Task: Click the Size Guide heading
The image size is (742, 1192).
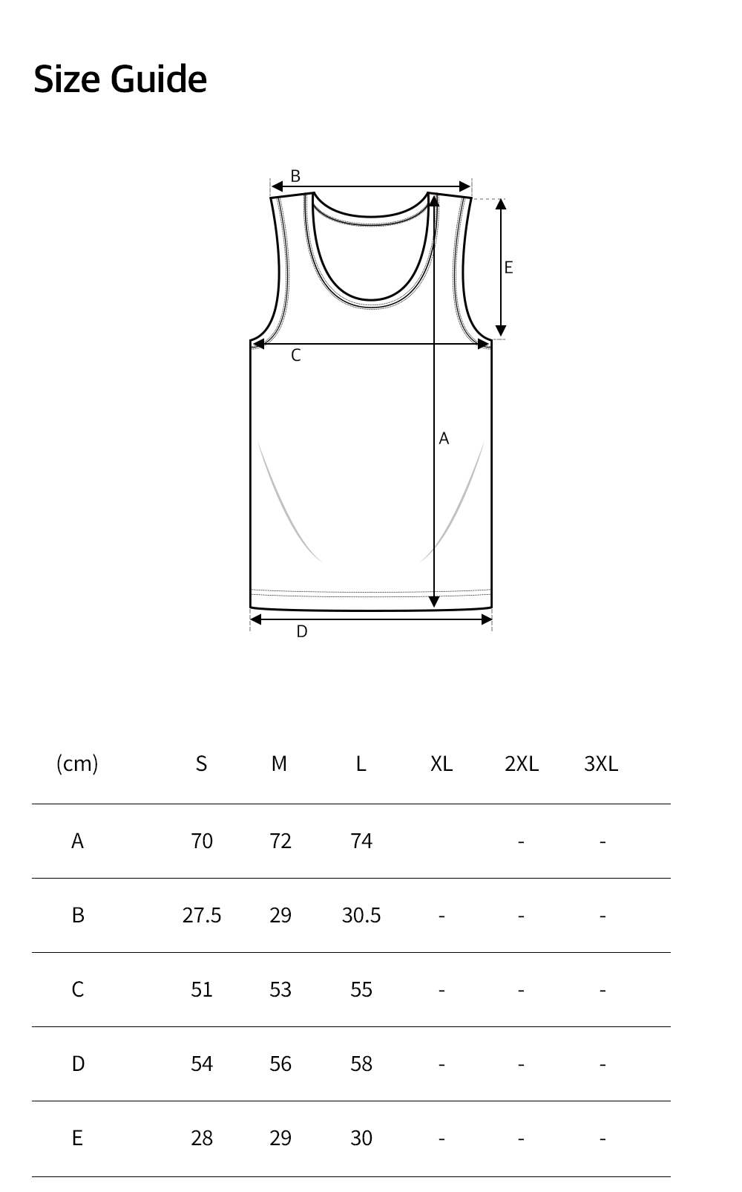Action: pyautogui.click(x=120, y=79)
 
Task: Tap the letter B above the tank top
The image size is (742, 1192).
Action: pyautogui.click(x=295, y=175)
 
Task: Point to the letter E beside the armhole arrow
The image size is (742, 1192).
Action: pyautogui.click(x=509, y=267)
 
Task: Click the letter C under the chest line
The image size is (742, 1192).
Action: pyautogui.click(x=296, y=355)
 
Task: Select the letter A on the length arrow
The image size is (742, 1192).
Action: pyautogui.click(x=444, y=438)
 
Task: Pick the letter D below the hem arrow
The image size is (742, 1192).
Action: pyautogui.click(x=302, y=631)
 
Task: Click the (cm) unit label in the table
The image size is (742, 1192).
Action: pyautogui.click(x=77, y=763)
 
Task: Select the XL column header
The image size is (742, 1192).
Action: pyautogui.click(x=441, y=763)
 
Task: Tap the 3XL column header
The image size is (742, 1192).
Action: pyautogui.click(x=601, y=763)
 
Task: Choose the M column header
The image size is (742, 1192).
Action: pyautogui.click(x=279, y=763)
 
